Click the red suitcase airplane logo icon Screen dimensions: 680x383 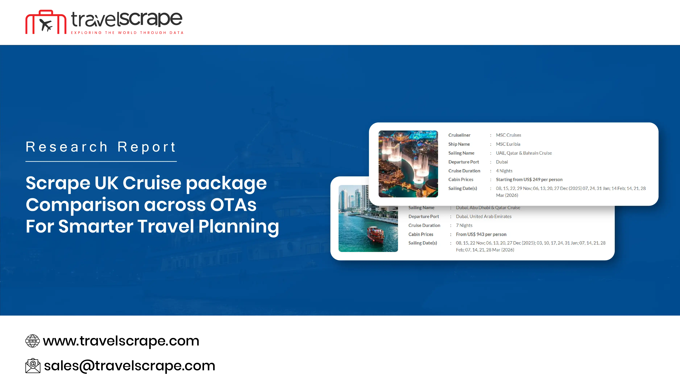46,22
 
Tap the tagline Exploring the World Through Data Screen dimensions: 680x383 127,33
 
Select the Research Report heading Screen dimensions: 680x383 101,147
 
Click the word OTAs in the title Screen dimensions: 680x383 233,205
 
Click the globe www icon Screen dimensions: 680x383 32,341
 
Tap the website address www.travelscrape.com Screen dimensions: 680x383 121,341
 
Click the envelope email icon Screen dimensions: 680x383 33,366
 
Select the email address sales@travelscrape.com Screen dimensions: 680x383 130,366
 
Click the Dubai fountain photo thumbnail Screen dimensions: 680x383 408,164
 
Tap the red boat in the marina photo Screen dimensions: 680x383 375,234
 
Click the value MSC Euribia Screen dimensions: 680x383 508,144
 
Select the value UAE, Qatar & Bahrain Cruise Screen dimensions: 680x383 524,153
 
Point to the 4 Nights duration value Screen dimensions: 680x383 504,171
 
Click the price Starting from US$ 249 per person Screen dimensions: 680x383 529,179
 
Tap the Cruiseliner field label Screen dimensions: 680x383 459,135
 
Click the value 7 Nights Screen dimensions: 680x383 464,225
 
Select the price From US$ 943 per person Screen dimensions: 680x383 481,234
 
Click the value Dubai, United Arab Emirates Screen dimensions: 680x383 484,216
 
